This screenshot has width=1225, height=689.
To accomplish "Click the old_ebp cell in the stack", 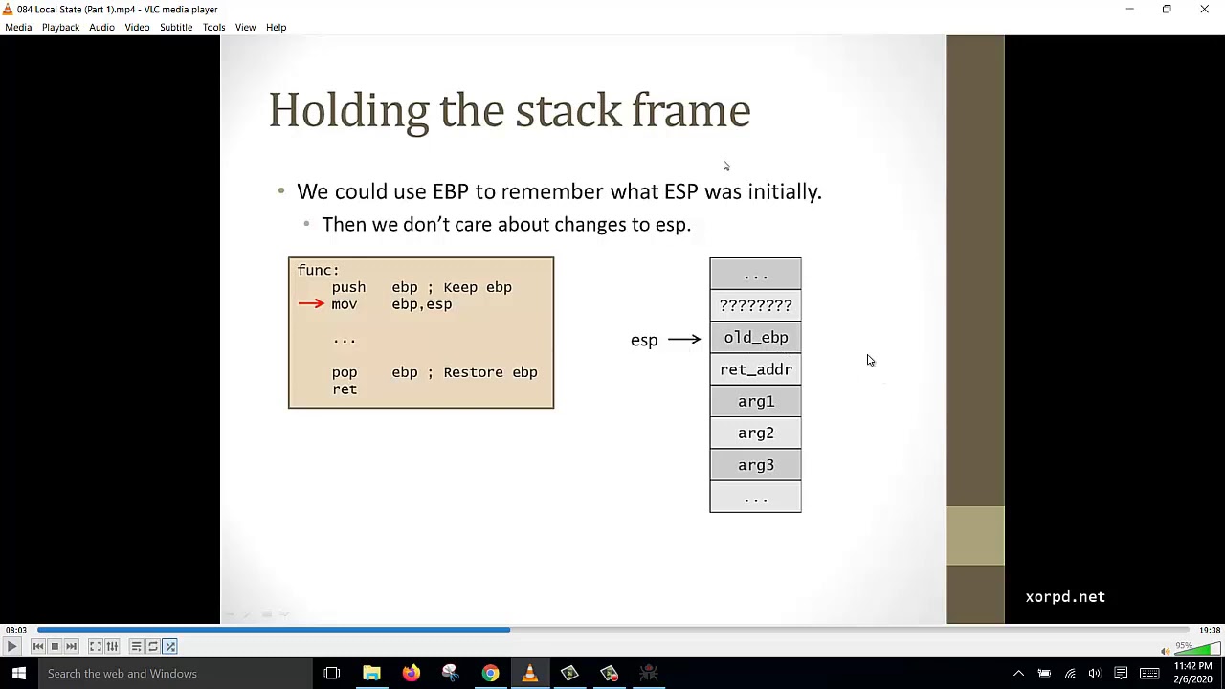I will pyautogui.click(x=755, y=337).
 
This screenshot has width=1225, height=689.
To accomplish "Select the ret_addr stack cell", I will pyautogui.click(x=755, y=369).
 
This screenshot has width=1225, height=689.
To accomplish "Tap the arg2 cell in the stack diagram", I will pyautogui.click(x=755, y=433).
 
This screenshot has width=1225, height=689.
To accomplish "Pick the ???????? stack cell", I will pyautogui.click(x=755, y=305).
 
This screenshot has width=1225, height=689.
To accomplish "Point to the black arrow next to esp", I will pyautogui.click(x=683, y=340).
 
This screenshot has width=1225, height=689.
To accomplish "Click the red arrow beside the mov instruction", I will pyautogui.click(x=311, y=304).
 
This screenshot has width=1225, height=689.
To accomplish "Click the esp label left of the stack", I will pyautogui.click(x=644, y=340).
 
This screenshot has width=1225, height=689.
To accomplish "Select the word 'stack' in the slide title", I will pyautogui.click(x=568, y=111).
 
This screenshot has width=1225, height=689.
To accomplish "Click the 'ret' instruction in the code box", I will pyautogui.click(x=345, y=389).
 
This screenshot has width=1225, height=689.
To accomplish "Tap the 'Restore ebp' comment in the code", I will pyautogui.click(x=490, y=372).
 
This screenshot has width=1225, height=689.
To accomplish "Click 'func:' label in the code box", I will pyautogui.click(x=318, y=270).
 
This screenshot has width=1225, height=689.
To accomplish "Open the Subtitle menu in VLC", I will pyautogui.click(x=176, y=27).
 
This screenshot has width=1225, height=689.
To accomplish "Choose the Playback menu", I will pyautogui.click(x=60, y=27).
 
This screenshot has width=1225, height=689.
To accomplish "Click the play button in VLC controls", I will pyautogui.click(x=11, y=647).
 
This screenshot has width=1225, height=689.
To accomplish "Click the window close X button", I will pyautogui.click(x=1204, y=9).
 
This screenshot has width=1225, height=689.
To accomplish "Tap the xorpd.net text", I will pyautogui.click(x=1064, y=597).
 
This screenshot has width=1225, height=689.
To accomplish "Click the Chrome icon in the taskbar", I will pyautogui.click(x=490, y=674).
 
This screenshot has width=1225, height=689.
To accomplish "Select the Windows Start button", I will pyautogui.click(x=18, y=674).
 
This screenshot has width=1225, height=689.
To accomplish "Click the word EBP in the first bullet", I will pyautogui.click(x=450, y=191).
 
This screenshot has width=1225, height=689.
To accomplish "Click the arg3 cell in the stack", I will pyautogui.click(x=755, y=465).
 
